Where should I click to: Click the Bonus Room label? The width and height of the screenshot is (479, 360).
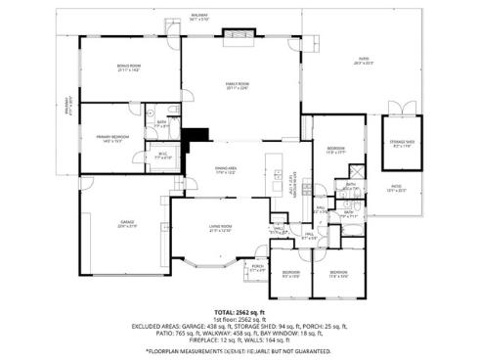[x=129, y=68]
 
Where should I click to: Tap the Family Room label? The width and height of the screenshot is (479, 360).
[x=235, y=87]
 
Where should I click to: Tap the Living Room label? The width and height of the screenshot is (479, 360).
[x=220, y=230]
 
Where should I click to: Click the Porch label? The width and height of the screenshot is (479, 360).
[x=258, y=267]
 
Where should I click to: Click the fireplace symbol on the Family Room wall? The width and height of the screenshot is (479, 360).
[x=236, y=36]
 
